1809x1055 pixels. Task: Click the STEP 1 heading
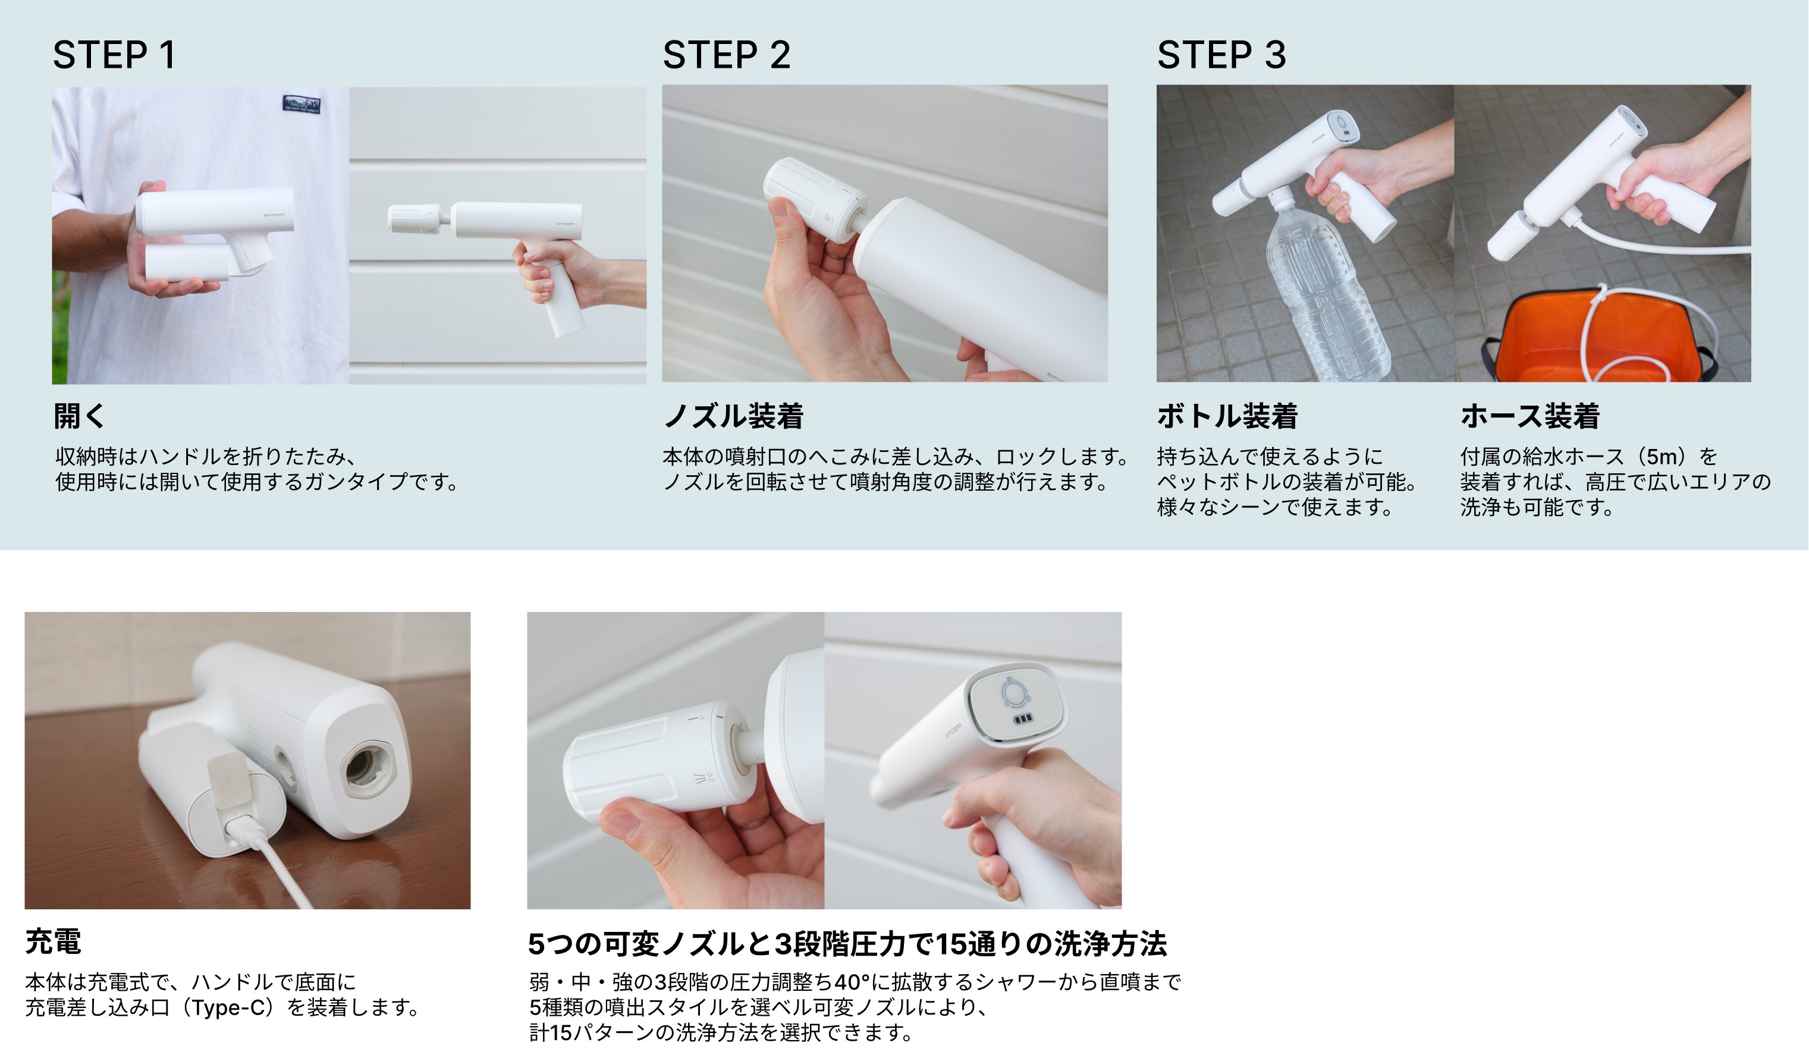click(114, 55)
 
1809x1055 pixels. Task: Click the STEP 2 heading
click(727, 55)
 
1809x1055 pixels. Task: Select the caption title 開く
click(80, 416)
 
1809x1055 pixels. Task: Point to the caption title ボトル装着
click(1227, 416)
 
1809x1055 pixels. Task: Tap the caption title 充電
click(53, 941)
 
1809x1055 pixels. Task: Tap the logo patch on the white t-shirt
click(301, 104)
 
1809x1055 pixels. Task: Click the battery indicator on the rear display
click(1022, 718)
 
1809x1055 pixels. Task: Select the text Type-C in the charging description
click(228, 1007)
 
